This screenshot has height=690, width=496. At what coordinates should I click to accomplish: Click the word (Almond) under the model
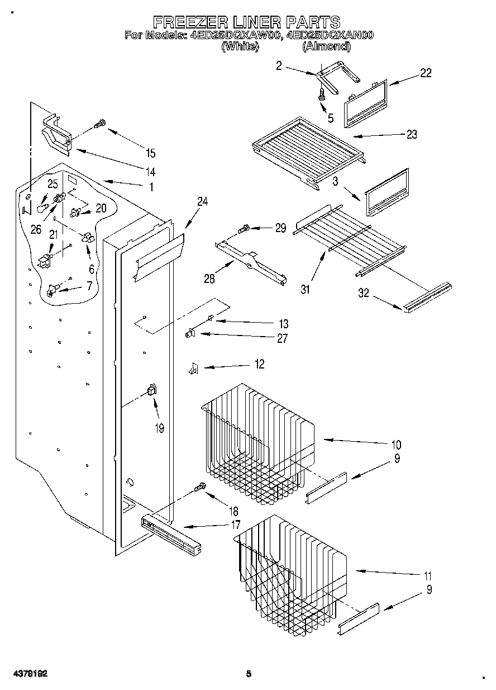point(327,47)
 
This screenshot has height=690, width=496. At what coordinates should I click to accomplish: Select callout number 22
point(426,73)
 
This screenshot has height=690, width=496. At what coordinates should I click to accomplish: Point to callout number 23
point(412,135)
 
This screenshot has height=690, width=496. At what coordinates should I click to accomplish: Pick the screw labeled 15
point(100,124)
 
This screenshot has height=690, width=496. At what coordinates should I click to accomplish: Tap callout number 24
point(202,202)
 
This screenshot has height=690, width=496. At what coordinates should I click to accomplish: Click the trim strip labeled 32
point(427,296)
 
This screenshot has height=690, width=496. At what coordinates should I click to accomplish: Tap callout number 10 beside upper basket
point(396,445)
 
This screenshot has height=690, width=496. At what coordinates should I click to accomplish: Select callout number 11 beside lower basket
point(428,576)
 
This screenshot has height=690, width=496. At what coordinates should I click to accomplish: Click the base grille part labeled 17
point(170,534)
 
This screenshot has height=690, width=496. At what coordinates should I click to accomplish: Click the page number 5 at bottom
point(249,674)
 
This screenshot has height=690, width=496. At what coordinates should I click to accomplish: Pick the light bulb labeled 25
point(40,207)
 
